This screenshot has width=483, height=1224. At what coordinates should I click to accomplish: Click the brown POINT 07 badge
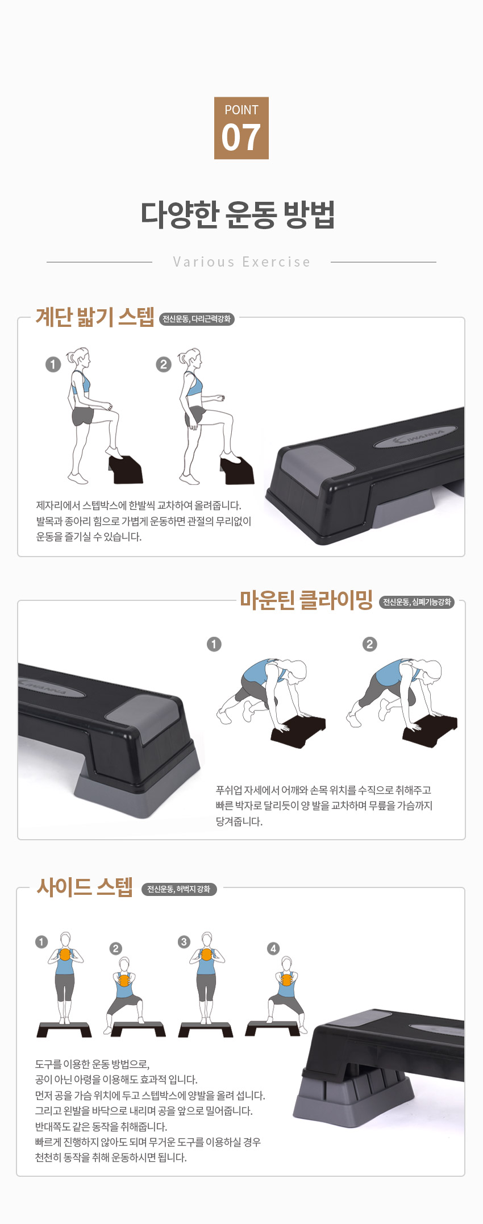(x=241, y=128)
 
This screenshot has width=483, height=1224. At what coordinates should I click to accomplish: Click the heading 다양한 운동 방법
(x=238, y=214)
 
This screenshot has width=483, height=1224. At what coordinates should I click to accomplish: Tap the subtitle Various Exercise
(x=242, y=262)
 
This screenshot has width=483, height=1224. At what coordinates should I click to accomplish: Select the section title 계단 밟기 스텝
(x=95, y=317)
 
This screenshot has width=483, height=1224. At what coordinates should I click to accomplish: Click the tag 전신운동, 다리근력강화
(x=197, y=319)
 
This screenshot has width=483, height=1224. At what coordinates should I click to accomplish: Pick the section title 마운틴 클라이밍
(x=306, y=600)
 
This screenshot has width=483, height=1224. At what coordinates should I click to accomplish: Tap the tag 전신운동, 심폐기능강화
(x=417, y=601)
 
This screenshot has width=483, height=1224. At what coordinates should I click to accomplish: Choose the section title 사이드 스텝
(x=85, y=886)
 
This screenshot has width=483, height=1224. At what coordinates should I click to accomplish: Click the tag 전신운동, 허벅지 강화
(x=179, y=889)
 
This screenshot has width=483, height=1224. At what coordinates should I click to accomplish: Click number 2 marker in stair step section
(x=164, y=364)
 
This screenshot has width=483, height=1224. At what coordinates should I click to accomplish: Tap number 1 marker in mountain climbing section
(x=214, y=644)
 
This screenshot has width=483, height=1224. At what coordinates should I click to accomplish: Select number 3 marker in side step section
(x=184, y=942)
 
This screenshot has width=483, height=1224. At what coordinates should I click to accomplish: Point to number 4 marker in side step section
(x=273, y=948)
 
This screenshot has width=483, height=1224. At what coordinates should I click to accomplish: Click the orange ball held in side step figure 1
(x=65, y=955)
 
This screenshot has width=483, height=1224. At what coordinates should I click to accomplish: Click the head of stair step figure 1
(x=81, y=358)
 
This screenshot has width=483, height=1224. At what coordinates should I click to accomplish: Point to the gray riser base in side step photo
(x=353, y=1101)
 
